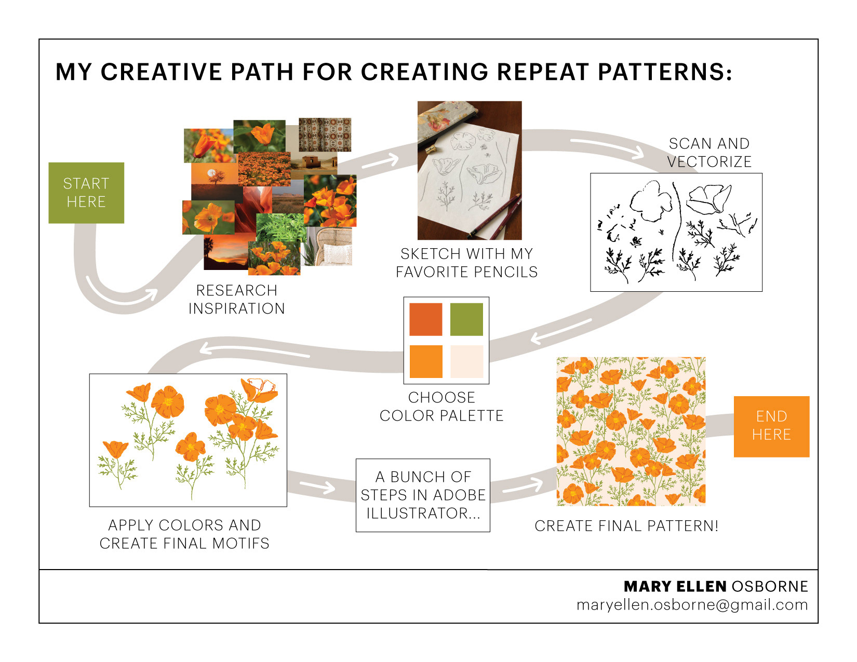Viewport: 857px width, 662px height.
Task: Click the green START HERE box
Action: tap(86, 193)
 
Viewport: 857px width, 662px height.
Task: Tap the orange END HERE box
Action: tap(771, 426)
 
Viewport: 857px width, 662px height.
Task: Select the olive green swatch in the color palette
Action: tap(466, 319)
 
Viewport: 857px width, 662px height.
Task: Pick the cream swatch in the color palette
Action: tap(466, 361)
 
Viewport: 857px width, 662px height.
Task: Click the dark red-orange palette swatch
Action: tap(426, 319)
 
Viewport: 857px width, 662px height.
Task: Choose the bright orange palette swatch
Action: tap(426, 361)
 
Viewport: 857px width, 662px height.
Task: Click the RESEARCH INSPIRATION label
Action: tap(237, 299)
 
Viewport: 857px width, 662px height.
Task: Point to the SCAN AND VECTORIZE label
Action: tap(709, 153)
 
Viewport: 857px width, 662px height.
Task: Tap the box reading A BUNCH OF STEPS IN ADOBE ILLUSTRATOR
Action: tap(423, 495)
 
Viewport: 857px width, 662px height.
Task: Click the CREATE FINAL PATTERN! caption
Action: tap(626, 526)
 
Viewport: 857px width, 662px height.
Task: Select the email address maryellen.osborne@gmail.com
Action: tap(692, 605)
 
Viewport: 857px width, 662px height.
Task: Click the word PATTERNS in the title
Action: tap(665, 72)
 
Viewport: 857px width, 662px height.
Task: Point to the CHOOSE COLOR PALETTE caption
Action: tap(441, 406)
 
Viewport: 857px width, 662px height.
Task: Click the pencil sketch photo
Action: tap(470, 170)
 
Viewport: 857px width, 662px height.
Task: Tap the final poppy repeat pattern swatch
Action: tap(631, 431)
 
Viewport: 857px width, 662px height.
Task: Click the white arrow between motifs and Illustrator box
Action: tap(317, 487)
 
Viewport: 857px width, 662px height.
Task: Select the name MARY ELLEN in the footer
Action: tap(675, 587)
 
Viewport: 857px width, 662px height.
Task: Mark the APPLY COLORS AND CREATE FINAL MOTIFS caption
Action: tap(184, 534)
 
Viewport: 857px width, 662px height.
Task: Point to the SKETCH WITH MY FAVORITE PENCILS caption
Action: tap(466, 263)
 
